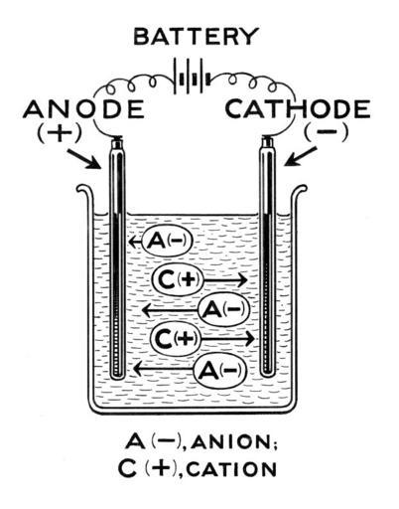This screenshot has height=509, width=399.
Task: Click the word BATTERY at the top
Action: click(196, 36)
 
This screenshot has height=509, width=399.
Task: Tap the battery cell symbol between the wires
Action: click(192, 80)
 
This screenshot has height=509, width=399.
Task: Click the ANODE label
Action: click(83, 109)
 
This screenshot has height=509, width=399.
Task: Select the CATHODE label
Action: click(298, 109)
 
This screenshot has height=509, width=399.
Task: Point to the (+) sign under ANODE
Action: click(60, 133)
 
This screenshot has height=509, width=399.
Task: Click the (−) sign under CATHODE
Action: click(327, 132)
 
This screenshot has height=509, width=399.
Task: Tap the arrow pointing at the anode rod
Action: click(83, 159)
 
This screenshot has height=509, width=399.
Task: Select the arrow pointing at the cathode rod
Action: click(301, 156)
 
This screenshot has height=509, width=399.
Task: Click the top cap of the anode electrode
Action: click(117, 143)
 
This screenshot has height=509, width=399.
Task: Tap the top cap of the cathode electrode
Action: click(268, 142)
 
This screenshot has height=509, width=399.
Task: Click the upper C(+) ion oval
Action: click(178, 280)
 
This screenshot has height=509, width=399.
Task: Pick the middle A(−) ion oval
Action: click(223, 310)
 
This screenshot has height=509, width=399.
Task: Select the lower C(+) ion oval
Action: click(176, 339)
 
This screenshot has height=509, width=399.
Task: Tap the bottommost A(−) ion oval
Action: click(220, 370)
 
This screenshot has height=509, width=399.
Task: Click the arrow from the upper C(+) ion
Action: click(225, 280)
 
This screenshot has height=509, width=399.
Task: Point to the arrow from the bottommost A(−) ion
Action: click(163, 369)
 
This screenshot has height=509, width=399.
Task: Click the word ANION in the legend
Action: click(234, 441)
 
